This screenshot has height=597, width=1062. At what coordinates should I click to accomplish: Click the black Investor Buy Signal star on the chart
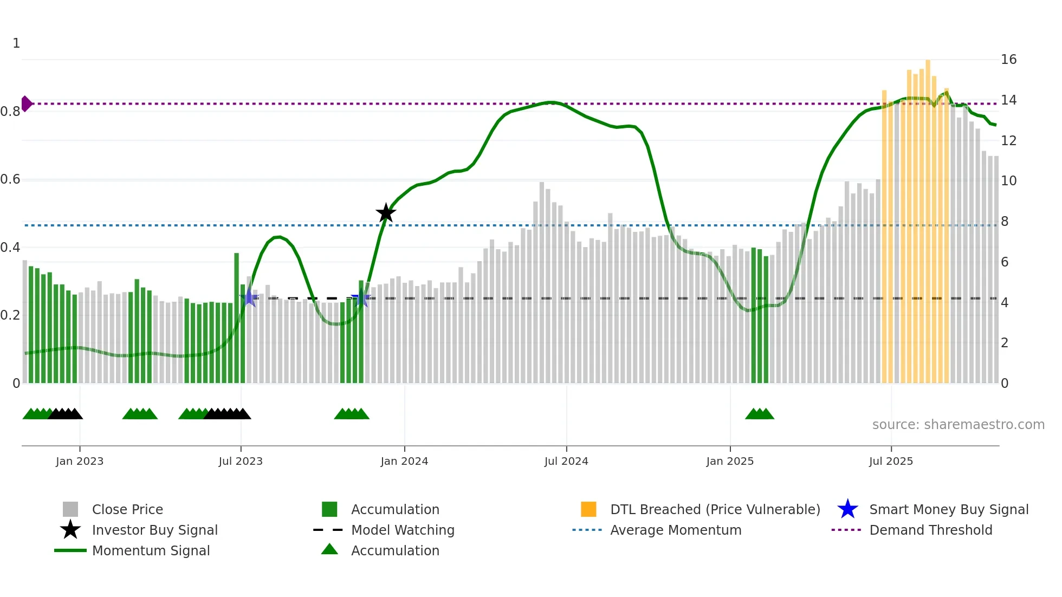(x=386, y=213)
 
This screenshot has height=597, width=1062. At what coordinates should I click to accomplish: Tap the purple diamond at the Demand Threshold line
(x=26, y=103)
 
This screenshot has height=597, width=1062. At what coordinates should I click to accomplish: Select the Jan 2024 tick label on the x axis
(x=404, y=462)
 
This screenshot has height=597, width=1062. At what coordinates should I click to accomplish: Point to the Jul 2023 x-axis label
(x=241, y=462)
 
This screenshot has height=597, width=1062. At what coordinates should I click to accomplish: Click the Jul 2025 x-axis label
(x=891, y=462)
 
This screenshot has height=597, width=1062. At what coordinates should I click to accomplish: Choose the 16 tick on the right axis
(x=1008, y=60)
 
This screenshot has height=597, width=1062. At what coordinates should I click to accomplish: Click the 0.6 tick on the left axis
(x=10, y=179)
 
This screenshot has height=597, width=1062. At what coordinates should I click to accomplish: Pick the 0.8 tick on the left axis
(x=10, y=112)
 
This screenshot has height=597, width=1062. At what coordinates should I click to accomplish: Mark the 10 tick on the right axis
(x=1008, y=181)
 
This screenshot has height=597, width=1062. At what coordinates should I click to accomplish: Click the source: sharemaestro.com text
(x=958, y=425)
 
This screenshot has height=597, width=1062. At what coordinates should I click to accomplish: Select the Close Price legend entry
(x=127, y=510)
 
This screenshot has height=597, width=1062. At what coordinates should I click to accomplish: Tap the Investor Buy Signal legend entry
(x=154, y=530)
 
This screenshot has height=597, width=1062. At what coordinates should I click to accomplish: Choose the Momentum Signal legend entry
(x=151, y=551)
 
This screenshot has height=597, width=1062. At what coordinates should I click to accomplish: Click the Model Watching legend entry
(x=403, y=530)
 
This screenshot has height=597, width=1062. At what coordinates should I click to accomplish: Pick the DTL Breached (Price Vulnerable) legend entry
(x=715, y=510)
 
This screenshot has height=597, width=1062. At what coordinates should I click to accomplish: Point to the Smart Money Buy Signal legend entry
(x=949, y=510)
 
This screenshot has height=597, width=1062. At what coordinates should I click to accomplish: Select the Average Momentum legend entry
(x=676, y=530)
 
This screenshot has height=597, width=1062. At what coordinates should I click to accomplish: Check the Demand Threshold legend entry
(x=930, y=530)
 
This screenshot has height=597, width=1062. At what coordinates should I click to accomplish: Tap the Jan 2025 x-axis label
(x=730, y=462)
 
